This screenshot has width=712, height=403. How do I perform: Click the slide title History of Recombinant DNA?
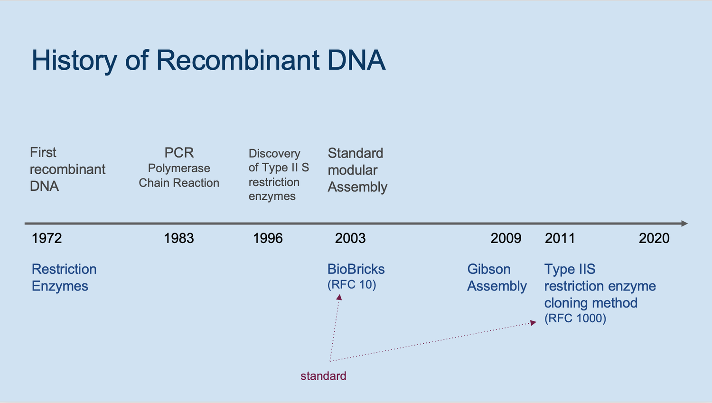208,60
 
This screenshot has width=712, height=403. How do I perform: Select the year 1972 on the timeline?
47,238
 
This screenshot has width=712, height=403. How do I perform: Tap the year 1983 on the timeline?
178,238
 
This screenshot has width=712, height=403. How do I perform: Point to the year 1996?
268,238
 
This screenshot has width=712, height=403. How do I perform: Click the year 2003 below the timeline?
350,238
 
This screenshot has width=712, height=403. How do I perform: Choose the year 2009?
506,238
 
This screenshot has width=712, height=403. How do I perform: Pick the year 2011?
560,238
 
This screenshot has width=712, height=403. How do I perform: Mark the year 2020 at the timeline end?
654,238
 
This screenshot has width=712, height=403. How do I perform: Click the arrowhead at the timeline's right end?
684,224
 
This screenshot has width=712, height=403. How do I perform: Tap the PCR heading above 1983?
179,153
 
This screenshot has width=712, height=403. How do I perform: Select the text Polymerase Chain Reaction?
179,176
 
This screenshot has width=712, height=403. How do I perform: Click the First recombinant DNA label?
67,169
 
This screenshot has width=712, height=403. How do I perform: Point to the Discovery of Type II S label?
279,175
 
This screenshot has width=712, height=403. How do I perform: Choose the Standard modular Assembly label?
357,170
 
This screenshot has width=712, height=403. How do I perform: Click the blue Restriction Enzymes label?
64,278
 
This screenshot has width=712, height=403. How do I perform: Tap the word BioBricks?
356,269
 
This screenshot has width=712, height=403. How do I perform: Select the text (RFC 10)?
351,285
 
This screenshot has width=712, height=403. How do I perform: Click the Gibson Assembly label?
497,278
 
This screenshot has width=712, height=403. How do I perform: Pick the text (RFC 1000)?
575,319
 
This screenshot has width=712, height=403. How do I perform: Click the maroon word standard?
323,376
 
